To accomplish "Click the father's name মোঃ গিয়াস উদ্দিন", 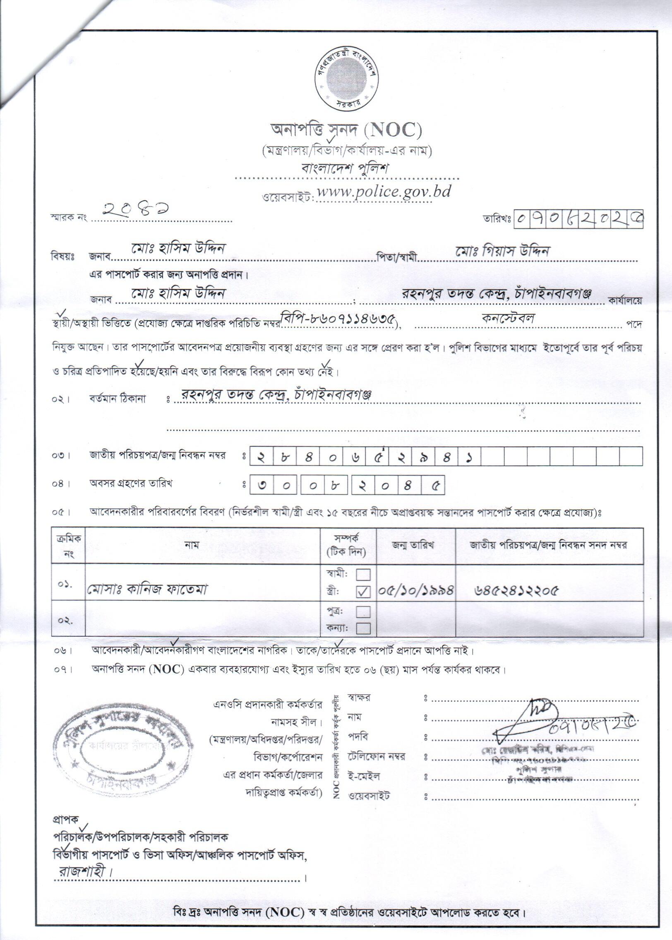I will (x=502, y=251).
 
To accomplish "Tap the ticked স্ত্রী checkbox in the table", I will (x=363, y=592).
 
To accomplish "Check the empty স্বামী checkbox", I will (x=363, y=575).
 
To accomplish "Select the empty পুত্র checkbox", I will (x=363, y=611).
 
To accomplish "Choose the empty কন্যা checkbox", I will (x=363, y=628).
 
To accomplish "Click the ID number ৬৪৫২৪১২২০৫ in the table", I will (x=516, y=591).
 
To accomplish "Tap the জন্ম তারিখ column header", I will (x=416, y=545).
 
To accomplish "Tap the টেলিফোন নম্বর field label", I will (x=377, y=757).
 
